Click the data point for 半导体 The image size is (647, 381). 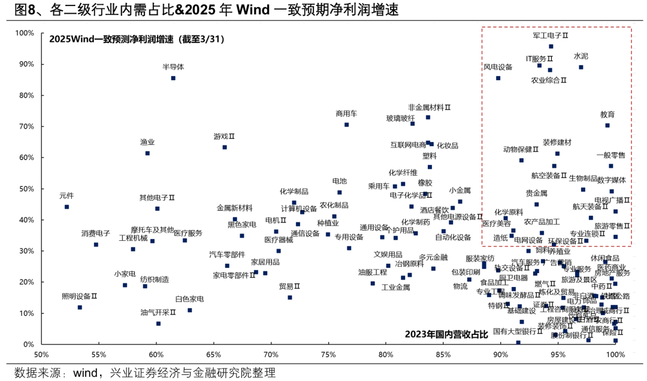173,78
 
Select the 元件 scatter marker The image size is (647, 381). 66,207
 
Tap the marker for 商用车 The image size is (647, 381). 346,125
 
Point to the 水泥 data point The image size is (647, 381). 581,67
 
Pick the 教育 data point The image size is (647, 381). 607,125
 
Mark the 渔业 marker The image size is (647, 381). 147,153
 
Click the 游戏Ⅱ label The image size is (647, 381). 224,137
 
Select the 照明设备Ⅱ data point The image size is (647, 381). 80,307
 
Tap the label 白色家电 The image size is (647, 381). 189,299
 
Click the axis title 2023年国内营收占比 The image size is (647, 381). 446,333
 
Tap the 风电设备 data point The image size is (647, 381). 498,78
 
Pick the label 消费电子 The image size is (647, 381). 96,233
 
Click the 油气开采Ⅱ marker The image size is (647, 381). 158,323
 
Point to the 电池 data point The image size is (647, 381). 340,192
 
